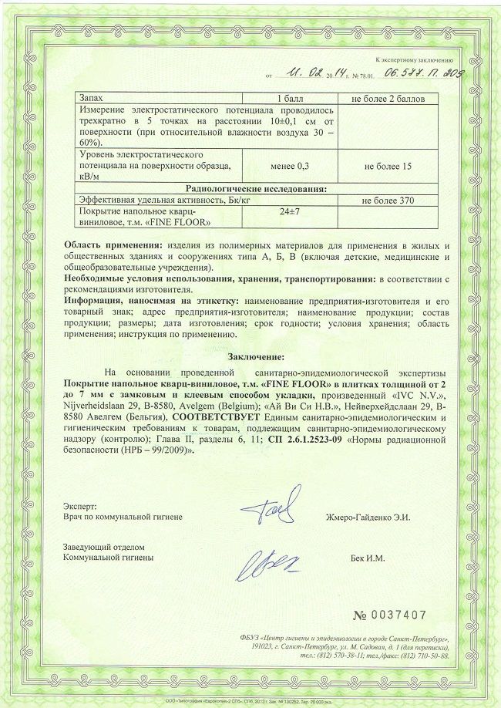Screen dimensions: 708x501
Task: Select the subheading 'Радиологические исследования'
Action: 257,187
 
